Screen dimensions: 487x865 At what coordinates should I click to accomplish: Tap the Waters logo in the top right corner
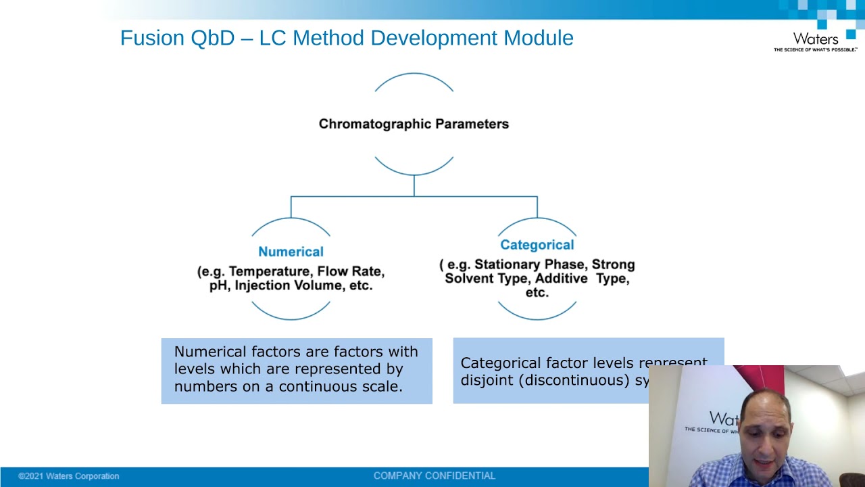[x=816, y=41]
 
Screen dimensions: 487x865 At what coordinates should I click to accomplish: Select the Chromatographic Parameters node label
[x=414, y=124]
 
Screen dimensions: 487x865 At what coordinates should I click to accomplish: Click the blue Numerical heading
[x=291, y=252]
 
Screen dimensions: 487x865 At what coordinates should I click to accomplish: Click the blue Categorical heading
[x=537, y=245]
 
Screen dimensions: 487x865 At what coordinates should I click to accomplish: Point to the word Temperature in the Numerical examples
[x=270, y=271]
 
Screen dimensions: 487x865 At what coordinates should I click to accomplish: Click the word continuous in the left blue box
[x=338, y=386]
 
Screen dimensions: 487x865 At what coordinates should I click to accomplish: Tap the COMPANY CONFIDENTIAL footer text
[x=435, y=476]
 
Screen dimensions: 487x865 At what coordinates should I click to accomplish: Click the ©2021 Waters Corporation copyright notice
[x=68, y=476]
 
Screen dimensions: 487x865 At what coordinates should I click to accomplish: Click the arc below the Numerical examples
[x=291, y=317]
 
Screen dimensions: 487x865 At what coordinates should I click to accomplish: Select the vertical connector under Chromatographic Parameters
[x=414, y=185]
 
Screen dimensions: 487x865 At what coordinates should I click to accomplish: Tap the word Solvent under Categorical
[x=470, y=278]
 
